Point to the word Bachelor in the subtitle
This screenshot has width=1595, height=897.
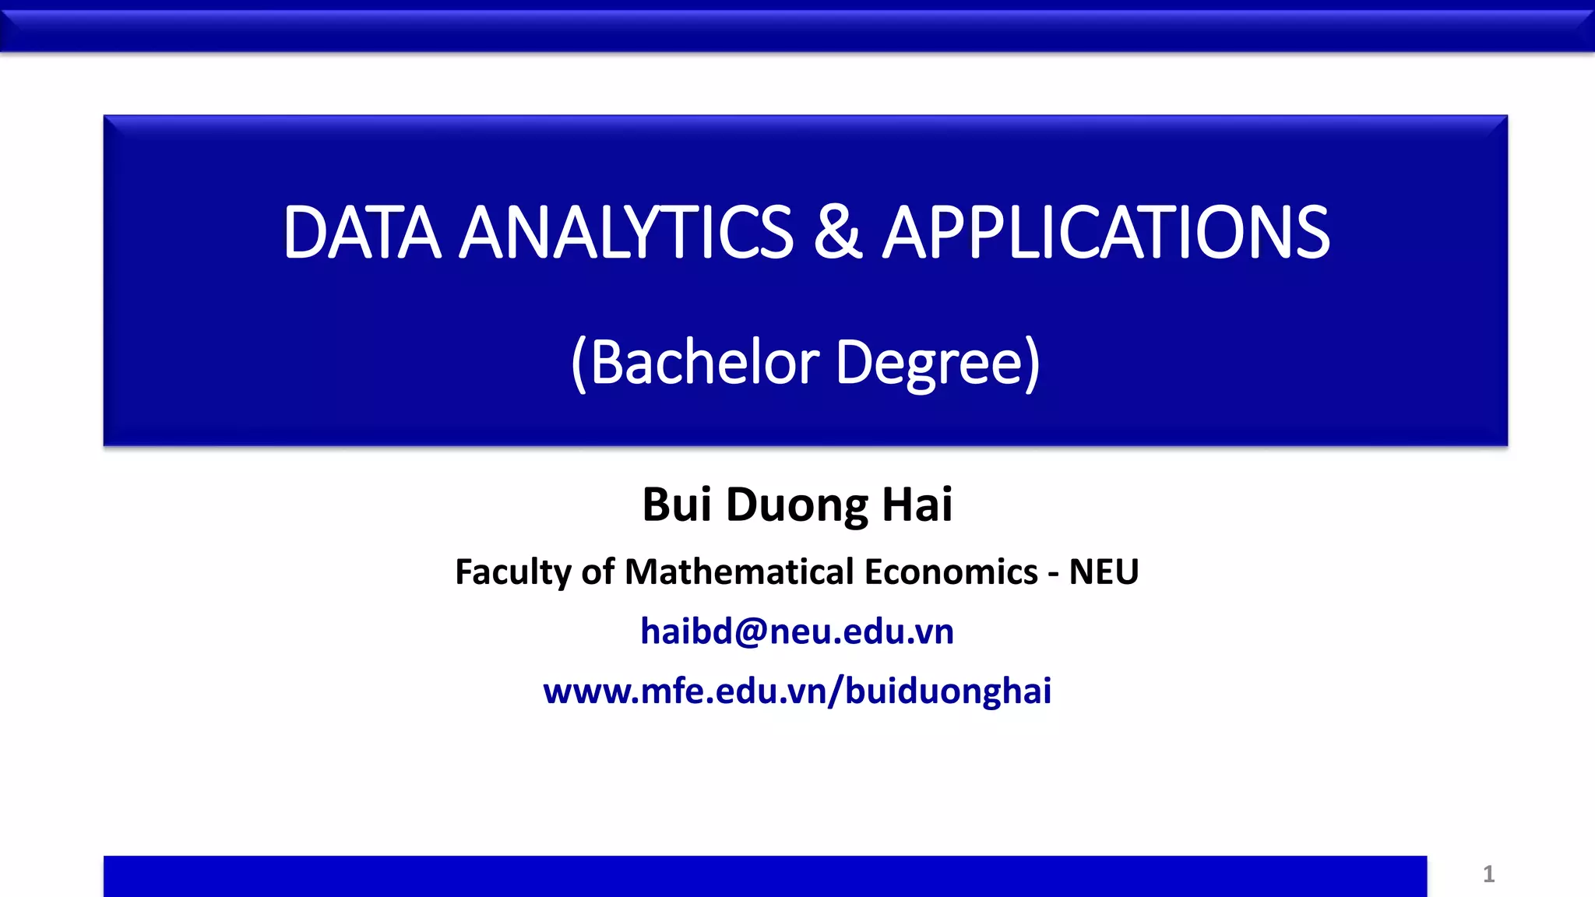click(x=705, y=363)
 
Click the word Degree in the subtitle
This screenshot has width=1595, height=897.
click(x=928, y=364)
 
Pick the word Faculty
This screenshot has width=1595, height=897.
click(x=513, y=572)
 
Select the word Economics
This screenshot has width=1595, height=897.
click(x=951, y=572)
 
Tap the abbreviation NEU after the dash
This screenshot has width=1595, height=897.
click(x=1104, y=572)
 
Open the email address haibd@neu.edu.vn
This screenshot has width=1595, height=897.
click(x=797, y=631)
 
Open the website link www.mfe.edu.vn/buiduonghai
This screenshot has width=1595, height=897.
click(x=797, y=691)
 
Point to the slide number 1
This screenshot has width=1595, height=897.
click(x=1488, y=874)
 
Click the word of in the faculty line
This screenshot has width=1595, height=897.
click(x=598, y=572)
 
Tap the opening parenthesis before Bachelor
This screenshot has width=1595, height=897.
click(x=579, y=364)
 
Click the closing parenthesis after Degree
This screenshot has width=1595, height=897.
click(x=1032, y=364)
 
